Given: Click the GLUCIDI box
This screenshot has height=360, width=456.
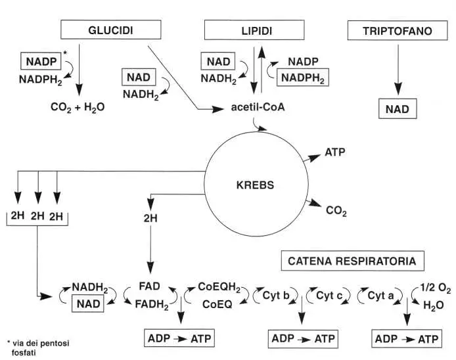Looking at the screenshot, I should click(x=110, y=30).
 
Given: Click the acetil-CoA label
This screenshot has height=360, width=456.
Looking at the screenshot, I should click(x=257, y=107).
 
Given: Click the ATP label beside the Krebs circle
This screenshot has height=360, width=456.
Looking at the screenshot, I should click(x=335, y=152).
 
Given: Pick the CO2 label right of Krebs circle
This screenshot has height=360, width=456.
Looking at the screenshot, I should click(x=336, y=211).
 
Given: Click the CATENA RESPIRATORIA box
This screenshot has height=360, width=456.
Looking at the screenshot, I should click(x=351, y=261).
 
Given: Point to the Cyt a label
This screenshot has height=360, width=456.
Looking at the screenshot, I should click(x=382, y=296).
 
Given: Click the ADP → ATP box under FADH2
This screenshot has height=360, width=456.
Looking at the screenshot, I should click(x=181, y=339).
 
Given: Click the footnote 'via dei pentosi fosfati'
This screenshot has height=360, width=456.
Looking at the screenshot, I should click(x=38, y=348).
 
